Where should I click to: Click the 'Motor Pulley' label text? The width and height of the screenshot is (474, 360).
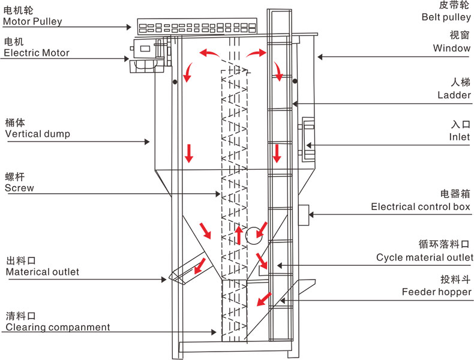pos(32,22)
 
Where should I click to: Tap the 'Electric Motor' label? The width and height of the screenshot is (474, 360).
pos(37,53)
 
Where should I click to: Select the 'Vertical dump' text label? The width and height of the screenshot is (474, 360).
pos(37,134)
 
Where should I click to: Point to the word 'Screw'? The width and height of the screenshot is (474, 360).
pos(19,188)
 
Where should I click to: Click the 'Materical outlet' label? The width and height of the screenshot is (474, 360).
pos(42,272)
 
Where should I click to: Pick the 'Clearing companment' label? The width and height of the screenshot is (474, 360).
pos(58,327)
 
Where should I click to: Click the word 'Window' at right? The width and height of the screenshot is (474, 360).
pos(452,48)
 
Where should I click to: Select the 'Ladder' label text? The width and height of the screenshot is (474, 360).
pos(454,95)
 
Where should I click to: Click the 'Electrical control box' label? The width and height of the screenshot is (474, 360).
pos(421,207)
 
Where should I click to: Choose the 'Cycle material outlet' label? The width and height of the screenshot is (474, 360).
pos(425,257)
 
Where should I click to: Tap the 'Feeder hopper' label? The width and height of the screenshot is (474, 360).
pos(436,292)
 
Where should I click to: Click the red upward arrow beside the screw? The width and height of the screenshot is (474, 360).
pos(239,235)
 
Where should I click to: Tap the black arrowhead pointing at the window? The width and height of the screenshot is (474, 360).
pos(320,57)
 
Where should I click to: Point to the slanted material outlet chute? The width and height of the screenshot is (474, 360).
pos(189,271)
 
